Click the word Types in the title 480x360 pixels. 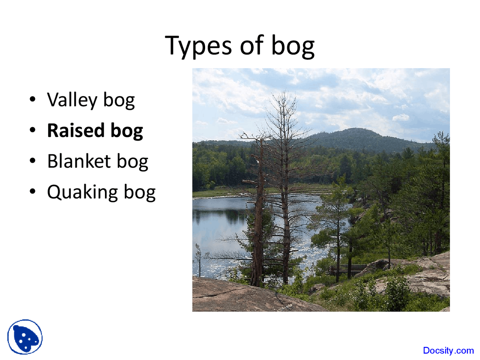point(198,45)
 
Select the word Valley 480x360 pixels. point(72,100)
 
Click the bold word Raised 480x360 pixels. point(75,131)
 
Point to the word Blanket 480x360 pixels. point(79,162)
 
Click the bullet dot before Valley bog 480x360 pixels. point(33,99)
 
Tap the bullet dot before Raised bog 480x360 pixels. point(33,130)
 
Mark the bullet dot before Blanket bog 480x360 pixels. point(33,161)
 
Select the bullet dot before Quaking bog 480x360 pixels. point(33,192)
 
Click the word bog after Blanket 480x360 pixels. point(132,162)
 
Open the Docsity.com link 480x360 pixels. point(448,351)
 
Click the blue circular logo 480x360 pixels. point(25,337)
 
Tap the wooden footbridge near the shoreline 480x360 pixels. point(347,268)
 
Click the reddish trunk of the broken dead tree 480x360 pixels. point(258,225)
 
